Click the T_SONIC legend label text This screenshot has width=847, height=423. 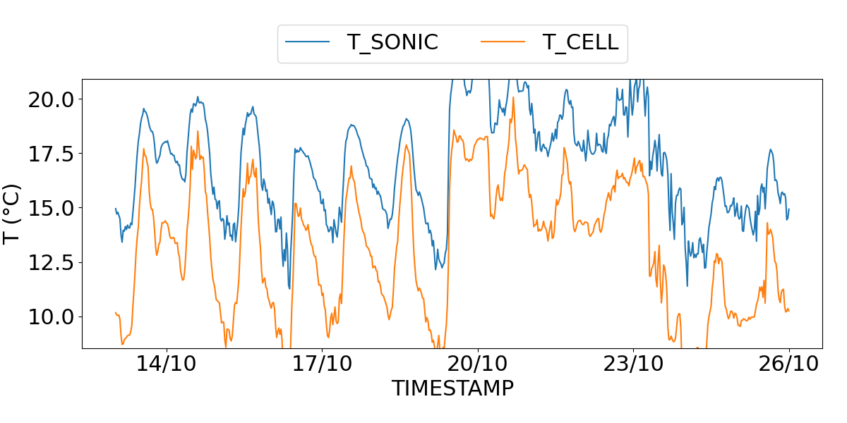coord(392,42)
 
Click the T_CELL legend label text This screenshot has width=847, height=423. coord(580,42)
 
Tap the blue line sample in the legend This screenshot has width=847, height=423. coord(308,42)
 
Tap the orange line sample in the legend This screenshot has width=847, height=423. coord(503,42)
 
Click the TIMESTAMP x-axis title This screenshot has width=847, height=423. coord(452,388)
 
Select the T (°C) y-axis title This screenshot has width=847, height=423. coord(13,214)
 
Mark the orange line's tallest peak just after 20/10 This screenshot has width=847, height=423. coord(513,97)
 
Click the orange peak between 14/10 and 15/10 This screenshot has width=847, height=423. coord(198,131)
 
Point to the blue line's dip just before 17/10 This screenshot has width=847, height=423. coord(289,288)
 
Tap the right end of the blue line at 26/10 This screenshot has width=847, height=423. coord(788,209)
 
